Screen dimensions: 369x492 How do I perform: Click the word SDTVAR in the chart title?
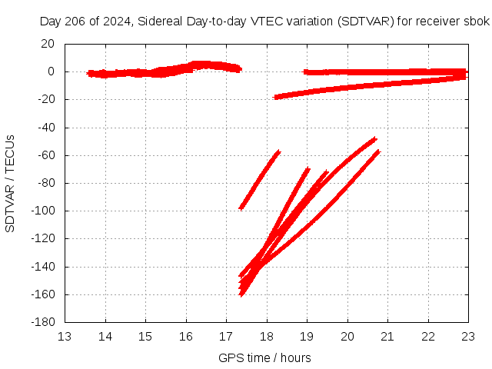(x=363, y=22)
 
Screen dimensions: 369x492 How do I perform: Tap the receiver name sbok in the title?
(x=477, y=22)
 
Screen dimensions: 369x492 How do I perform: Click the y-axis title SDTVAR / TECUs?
(x=10, y=183)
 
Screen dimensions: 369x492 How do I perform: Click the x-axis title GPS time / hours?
(x=265, y=357)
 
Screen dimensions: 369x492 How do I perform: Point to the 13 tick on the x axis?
(x=65, y=336)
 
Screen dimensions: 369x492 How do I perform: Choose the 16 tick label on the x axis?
(x=186, y=336)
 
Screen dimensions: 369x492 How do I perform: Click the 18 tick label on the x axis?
(x=267, y=336)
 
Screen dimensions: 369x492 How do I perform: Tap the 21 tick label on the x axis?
(x=387, y=336)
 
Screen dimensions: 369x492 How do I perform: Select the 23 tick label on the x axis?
(x=468, y=336)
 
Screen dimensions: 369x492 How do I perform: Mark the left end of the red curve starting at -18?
(x=276, y=97)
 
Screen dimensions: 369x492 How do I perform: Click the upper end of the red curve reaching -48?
(x=374, y=139)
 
